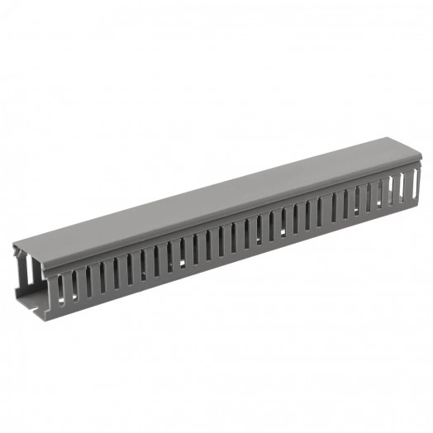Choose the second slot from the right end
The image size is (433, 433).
coord(393,192)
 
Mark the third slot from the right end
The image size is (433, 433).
coord(381,195)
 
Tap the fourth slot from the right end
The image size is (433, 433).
coord(369,198)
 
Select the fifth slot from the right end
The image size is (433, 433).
coord(357,202)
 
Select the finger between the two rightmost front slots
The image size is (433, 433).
coord(398,190)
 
